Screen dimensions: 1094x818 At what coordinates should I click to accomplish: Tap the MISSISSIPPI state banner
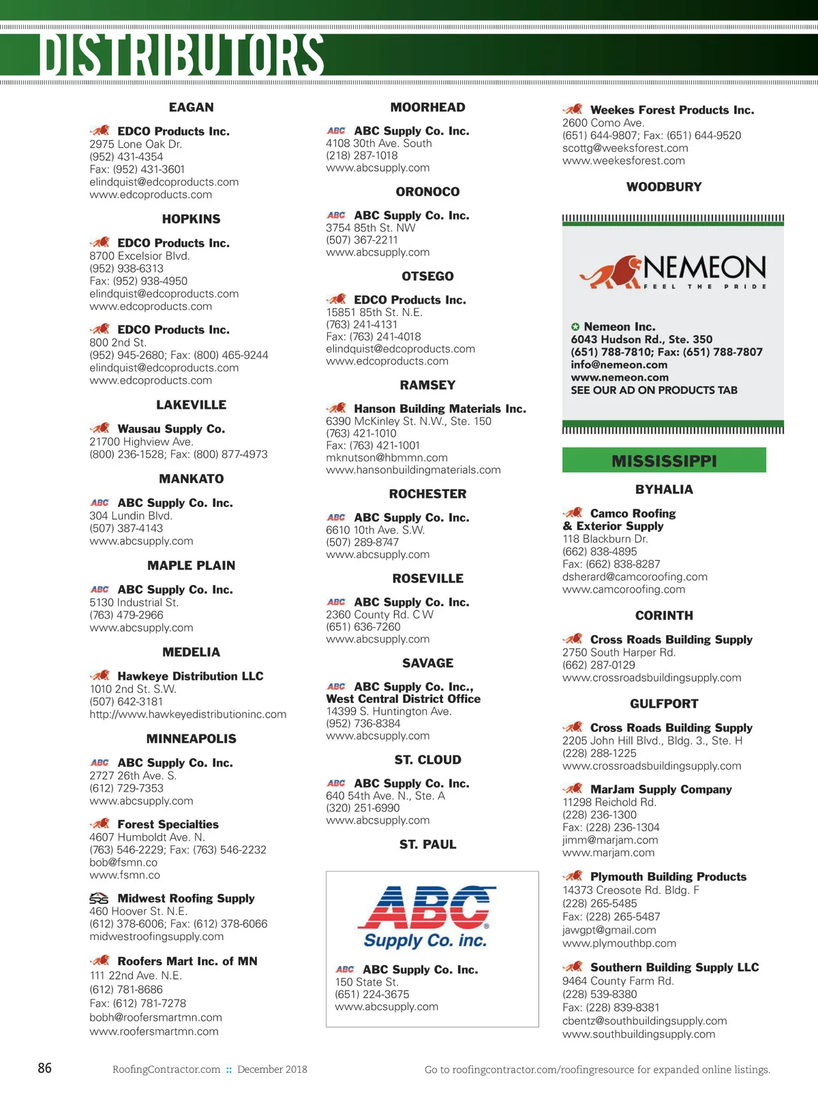664,461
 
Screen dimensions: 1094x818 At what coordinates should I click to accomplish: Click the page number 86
45,1067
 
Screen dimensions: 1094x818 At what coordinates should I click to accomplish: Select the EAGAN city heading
191,107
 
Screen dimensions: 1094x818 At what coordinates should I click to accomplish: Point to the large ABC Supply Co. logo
426,917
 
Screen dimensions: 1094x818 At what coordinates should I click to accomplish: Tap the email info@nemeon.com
619,364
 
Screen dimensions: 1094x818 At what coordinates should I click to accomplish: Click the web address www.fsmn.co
125,875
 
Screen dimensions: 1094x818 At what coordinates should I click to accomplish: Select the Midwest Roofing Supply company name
186,898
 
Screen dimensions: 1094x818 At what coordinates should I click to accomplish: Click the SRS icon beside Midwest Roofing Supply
99,898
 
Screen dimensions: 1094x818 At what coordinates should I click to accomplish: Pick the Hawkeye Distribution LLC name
190,676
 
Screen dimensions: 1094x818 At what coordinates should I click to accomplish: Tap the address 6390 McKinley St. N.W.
408,421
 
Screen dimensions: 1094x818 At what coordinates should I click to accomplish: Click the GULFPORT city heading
664,704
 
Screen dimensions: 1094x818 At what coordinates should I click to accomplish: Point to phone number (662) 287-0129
599,665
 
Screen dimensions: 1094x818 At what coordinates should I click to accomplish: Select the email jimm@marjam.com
610,840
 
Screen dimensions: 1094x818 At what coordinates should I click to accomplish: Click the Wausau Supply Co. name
171,428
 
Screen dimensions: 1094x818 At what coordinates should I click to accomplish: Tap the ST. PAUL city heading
427,844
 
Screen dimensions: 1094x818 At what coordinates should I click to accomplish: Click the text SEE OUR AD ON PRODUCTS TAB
654,390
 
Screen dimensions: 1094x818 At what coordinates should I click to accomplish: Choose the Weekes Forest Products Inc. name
672,110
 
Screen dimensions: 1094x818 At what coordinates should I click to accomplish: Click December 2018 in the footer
272,1069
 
